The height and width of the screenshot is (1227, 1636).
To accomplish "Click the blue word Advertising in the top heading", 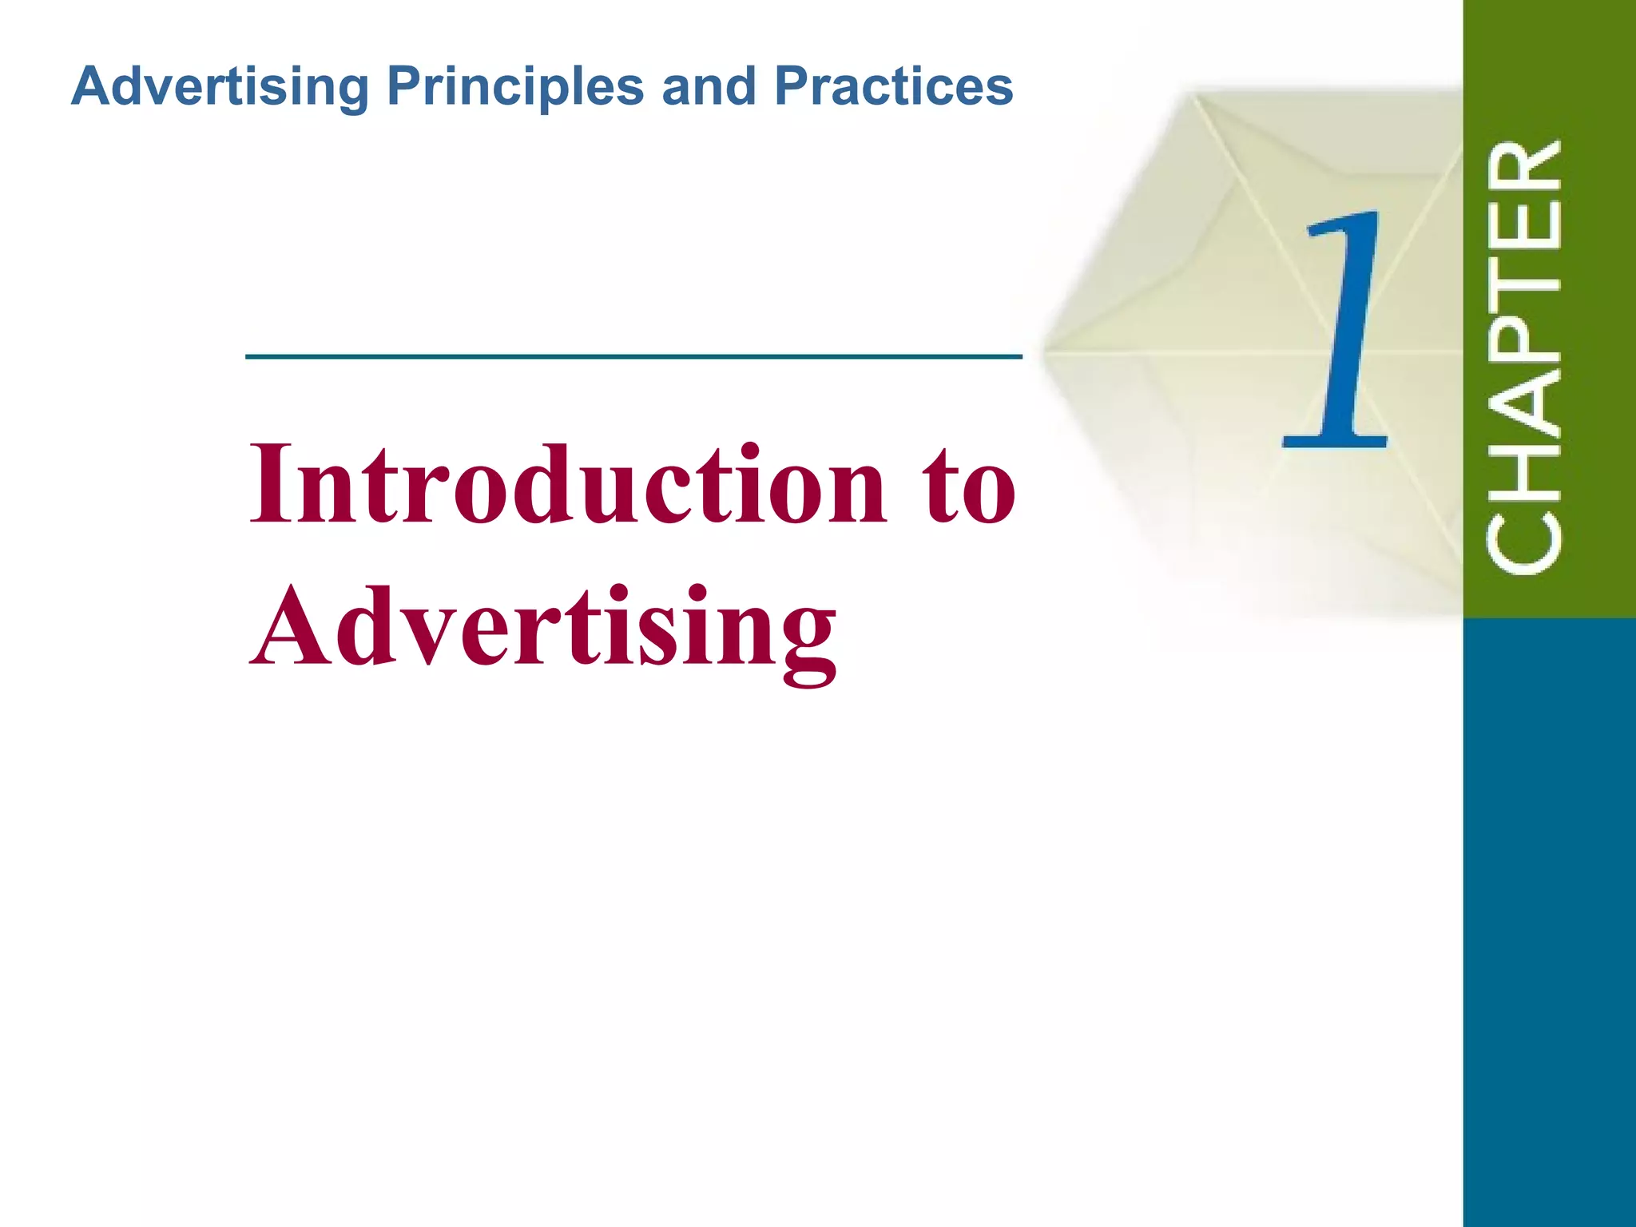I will point(220,86).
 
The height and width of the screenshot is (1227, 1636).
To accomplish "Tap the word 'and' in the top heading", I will point(709,86).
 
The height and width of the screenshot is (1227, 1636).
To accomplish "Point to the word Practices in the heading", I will point(893,86).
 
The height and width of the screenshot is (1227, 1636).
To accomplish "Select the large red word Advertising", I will point(544,627).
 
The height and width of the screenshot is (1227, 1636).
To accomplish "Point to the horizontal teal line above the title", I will point(633,356).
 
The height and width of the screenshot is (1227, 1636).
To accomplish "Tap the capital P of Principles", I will point(405,86).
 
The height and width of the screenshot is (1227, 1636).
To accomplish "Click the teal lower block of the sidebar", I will point(1548,919).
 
